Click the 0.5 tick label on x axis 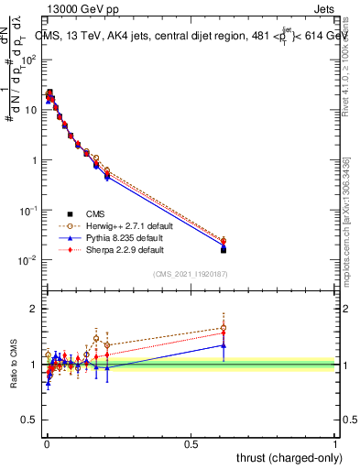191,443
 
